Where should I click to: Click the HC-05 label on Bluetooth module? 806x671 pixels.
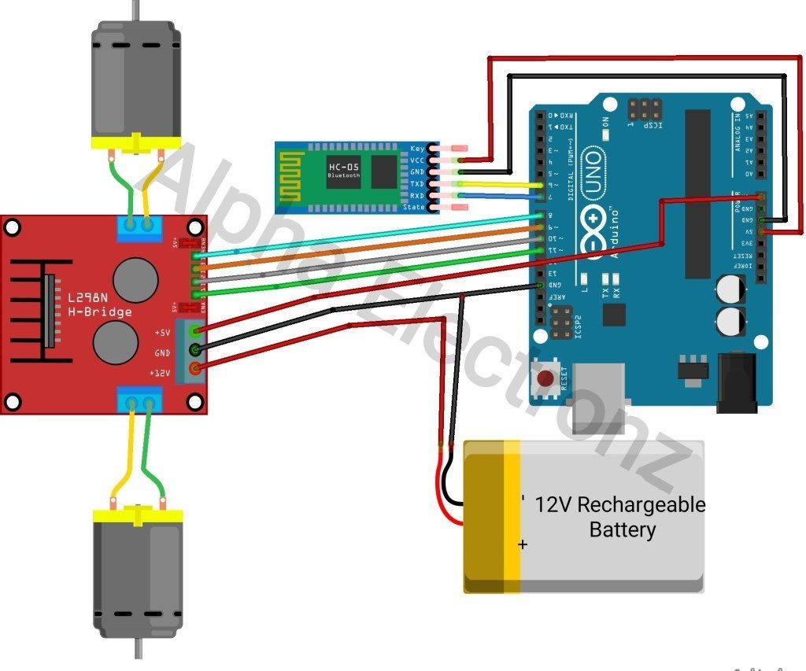click(343, 166)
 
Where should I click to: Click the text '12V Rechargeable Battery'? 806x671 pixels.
click(620, 516)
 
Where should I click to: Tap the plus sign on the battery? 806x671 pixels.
click(523, 544)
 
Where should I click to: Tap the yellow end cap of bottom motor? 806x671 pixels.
click(138, 516)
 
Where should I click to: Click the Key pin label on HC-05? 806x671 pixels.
click(417, 148)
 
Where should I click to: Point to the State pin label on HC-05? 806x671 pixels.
click(413, 207)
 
